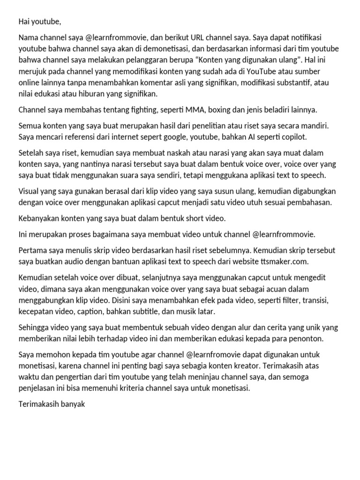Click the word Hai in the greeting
coord(25,21)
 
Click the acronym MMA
coord(195,110)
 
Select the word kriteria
coord(133,388)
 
